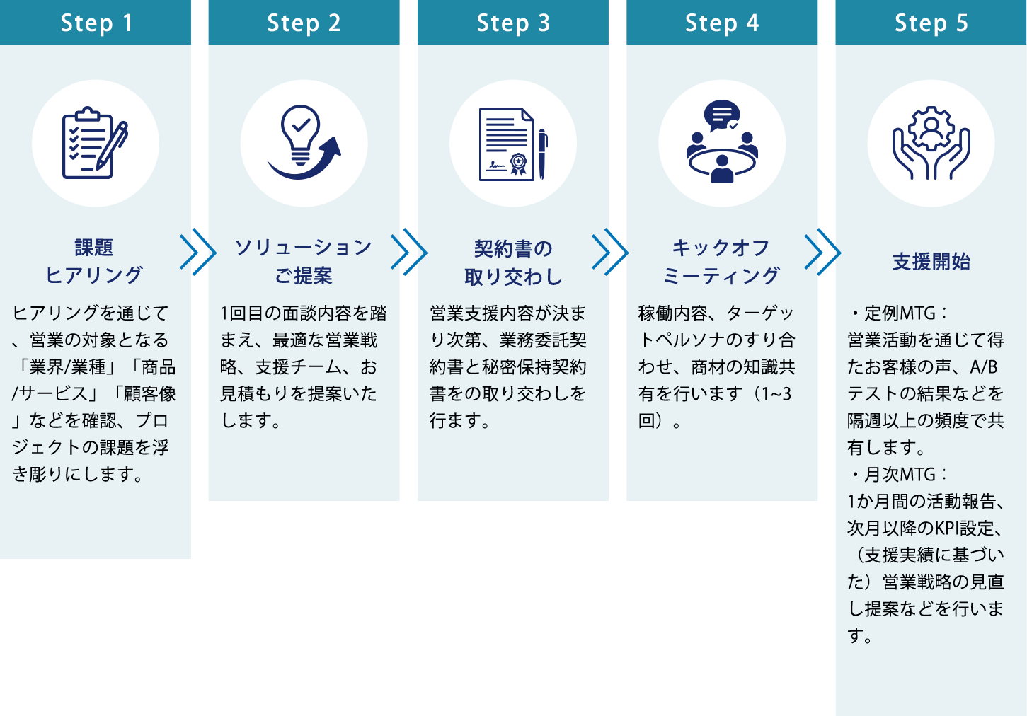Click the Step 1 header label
(96, 23)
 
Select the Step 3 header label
(513, 23)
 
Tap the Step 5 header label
(931, 23)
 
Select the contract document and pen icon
(513, 144)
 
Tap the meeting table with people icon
(722, 144)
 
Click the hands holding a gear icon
(931, 144)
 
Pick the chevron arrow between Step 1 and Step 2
(198, 253)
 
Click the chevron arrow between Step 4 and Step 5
(822, 251)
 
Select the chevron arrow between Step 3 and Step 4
(610, 251)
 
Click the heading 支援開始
(931, 262)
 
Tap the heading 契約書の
(513, 249)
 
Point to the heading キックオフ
(721, 248)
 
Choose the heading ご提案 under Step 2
(304, 276)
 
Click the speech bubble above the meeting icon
(722, 115)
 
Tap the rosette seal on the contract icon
(519, 163)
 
